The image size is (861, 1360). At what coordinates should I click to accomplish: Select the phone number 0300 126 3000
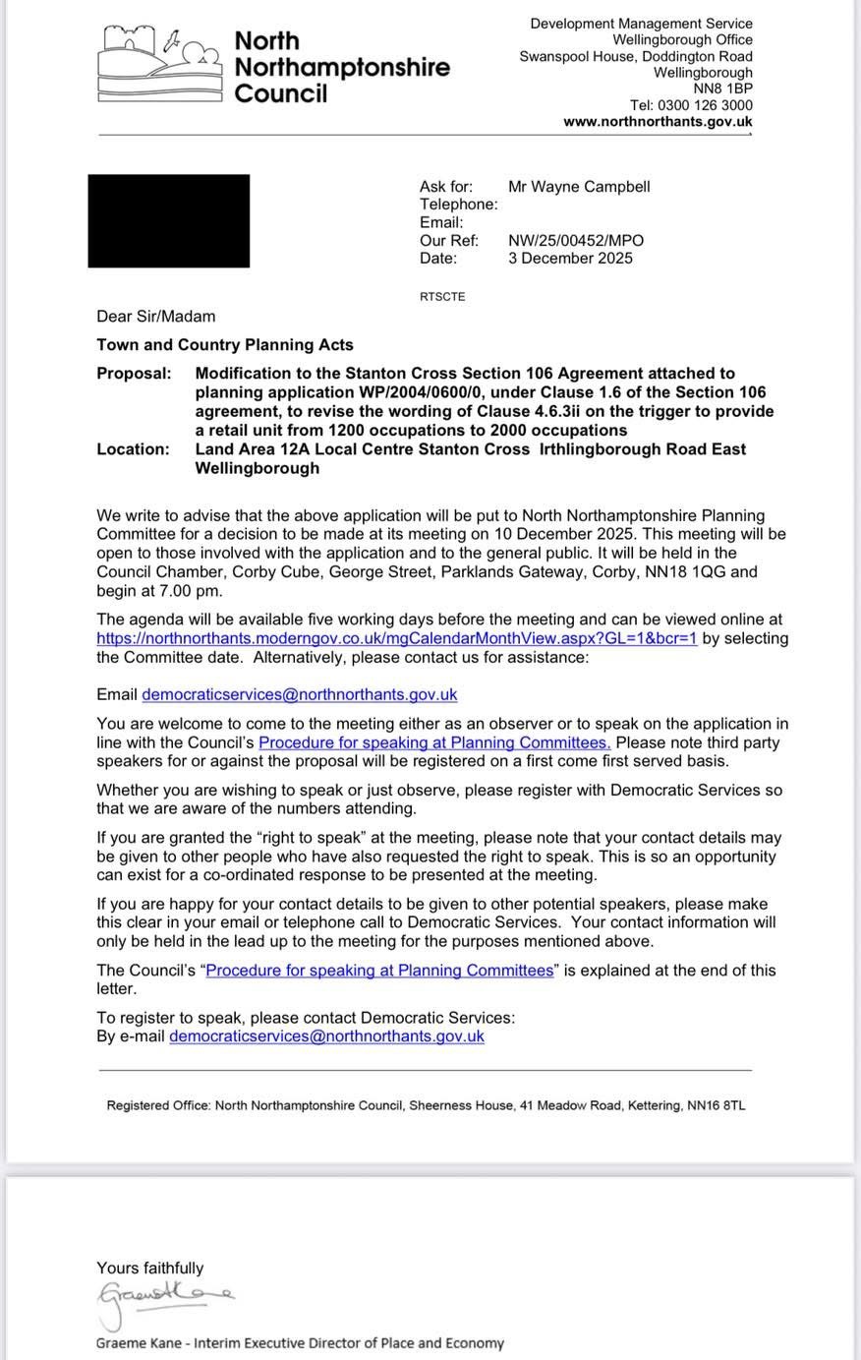(x=705, y=105)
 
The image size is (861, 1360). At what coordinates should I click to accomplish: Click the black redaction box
(x=168, y=220)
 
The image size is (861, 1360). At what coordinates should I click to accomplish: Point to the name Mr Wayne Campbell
(x=579, y=187)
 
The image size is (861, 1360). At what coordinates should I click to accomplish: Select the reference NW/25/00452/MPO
(x=576, y=240)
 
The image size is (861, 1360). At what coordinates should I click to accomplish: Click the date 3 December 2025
(x=570, y=259)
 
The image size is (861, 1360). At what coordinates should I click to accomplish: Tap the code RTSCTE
(x=442, y=297)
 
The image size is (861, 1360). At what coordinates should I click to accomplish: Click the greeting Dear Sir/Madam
(x=155, y=317)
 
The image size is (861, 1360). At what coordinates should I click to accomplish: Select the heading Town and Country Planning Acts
(x=224, y=345)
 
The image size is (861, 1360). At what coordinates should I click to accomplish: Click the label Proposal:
(x=133, y=374)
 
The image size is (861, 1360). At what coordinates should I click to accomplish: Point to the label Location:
(x=133, y=449)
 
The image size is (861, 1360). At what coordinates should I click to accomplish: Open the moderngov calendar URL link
(x=396, y=638)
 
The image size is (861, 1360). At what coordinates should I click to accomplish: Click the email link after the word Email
(x=299, y=694)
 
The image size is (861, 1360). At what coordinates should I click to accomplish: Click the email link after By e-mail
(x=326, y=1035)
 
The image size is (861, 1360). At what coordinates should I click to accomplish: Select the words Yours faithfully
(x=149, y=1269)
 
